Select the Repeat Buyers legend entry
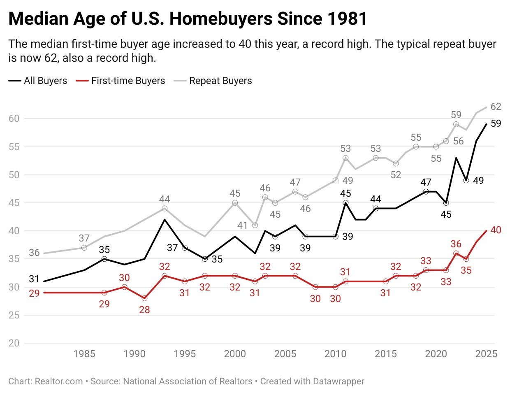pyautogui.click(x=220, y=81)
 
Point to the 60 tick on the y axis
pyautogui.click(x=14, y=118)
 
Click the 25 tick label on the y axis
pyautogui.click(x=14, y=315)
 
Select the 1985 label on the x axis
pyautogui.click(x=84, y=354)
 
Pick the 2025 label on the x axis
pyautogui.click(x=486, y=354)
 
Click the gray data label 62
pyautogui.click(x=496, y=107)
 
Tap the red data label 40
pyautogui.click(x=496, y=230)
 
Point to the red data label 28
pyautogui.click(x=144, y=310)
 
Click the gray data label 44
pyautogui.click(x=165, y=199)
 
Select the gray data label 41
pyautogui.click(x=243, y=225)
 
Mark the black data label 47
pyautogui.click(x=426, y=182)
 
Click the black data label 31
pyautogui.click(x=34, y=279)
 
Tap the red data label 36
pyautogui.click(x=456, y=244)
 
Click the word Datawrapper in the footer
pyautogui.click(x=338, y=381)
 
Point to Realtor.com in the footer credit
pyautogui.click(x=59, y=381)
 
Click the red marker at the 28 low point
pyautogui.click(x=144, y=298)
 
